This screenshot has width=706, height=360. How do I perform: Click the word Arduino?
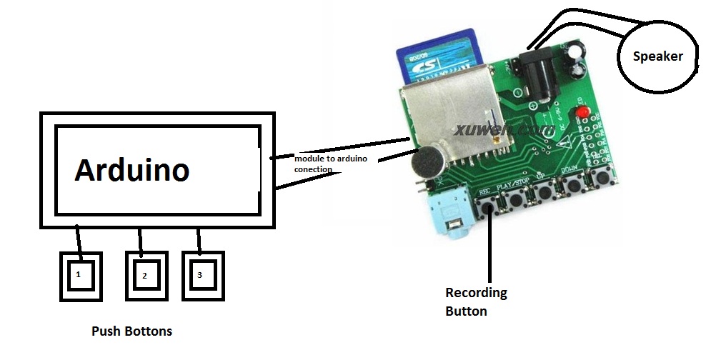(x=132, y=171)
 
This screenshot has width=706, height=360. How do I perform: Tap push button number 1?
(x=80, y=274)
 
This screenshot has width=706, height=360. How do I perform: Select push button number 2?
(x=144, y=274)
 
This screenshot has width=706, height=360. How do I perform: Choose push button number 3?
(x=201, y=274)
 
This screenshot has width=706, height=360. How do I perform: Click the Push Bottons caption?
(x=131, y=331)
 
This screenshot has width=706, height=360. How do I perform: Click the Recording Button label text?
(x=476, y=301)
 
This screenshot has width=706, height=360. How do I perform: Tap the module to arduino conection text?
(x=330, y=163)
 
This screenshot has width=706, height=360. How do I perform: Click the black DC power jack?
(x=536, y=71)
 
